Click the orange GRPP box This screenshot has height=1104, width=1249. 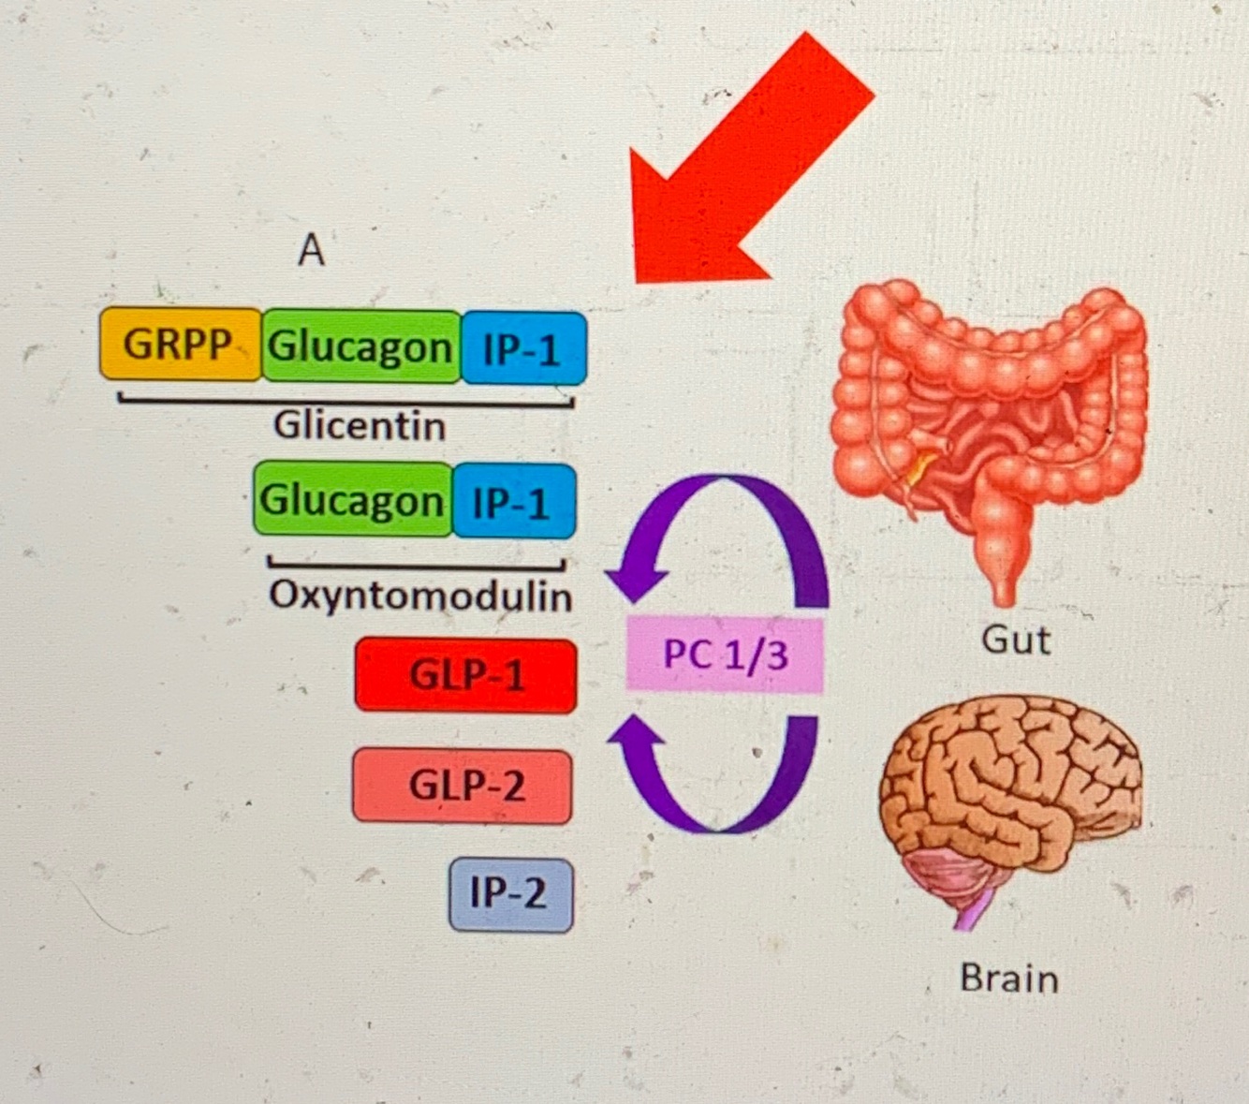click(x=180, y=344)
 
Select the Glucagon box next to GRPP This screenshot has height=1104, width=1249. click(x=361, y=346)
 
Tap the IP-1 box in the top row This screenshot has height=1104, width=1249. click(x=523, y=348)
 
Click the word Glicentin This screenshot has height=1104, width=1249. click(x=360, y=426)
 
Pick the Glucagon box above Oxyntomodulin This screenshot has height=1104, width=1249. click(x=352, y=499)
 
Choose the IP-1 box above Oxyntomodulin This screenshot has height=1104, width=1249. click(x=512, y=502)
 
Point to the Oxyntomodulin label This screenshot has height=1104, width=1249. click(x=420, y=596)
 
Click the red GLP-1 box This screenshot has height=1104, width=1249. click(x=465, y=675)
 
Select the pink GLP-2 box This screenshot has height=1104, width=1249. click(x=463, y=786)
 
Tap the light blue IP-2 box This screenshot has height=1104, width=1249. click(x=510, y=893)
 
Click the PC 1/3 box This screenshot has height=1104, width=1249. click(x=725, y=655)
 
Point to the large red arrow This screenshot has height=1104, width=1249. click(x=740, y=169)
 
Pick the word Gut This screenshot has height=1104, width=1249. click(x=1016, y=640)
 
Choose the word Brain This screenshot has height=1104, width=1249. click(x=1009, y=979)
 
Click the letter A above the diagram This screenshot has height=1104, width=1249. click(x=311, y=250)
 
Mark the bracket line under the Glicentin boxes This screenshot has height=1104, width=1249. click(x=346, y=402)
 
